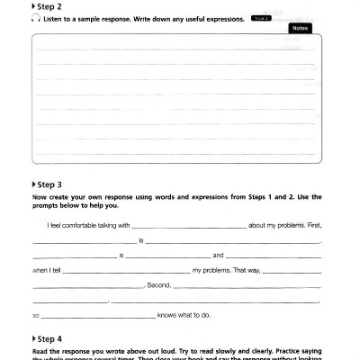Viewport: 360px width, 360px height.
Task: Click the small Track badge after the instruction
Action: (259, 18)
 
